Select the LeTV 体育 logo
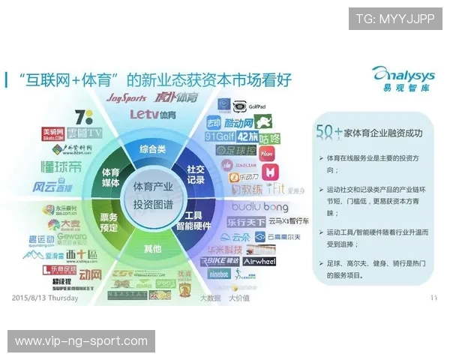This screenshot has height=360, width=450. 153,115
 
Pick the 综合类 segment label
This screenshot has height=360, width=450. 153,149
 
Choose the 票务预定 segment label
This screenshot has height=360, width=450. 109,220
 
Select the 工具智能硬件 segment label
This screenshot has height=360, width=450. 193,220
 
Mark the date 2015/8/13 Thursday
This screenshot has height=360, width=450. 45,297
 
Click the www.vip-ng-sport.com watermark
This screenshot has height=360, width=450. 81,341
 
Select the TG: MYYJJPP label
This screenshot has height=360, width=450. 394,19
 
